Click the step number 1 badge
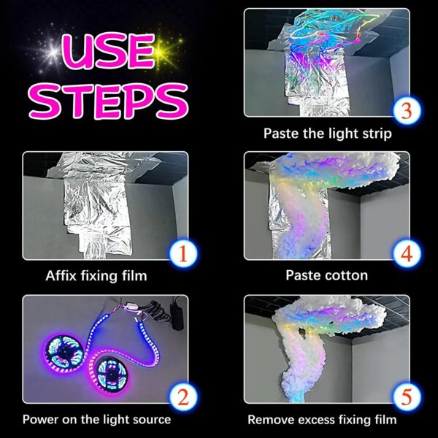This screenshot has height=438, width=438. click(184, 253)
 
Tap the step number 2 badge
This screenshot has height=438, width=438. click(184, 398)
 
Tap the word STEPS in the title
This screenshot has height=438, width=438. click(106, 100)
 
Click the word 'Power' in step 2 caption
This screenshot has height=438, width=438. click(39, 419)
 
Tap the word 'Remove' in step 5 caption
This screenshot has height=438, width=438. click(269, 419)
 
